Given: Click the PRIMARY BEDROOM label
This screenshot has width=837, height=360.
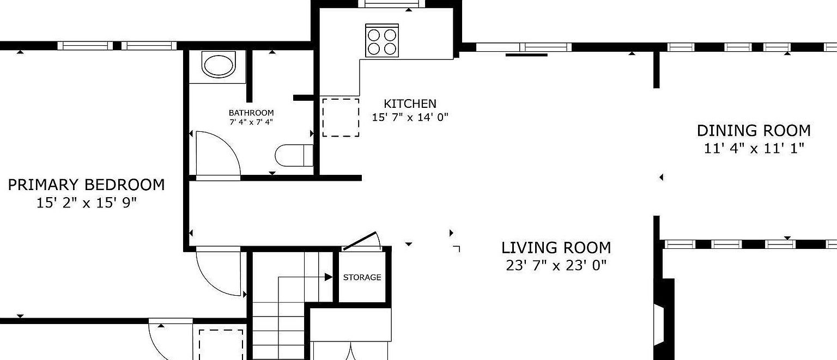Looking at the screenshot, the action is point(86,185).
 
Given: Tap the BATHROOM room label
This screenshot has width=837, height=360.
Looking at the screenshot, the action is point(251,113).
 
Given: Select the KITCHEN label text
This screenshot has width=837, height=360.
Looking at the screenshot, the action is point(410,103).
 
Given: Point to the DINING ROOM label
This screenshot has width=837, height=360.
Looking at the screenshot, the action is point(754,131).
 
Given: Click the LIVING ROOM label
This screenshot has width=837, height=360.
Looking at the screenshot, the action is point(556,248).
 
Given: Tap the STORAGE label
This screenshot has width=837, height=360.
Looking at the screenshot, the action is point(362,277).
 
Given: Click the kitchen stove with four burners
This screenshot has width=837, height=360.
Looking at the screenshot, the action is point(382,41).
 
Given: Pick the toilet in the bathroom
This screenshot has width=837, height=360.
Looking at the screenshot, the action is point(294,155).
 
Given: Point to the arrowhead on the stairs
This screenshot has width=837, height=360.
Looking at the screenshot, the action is point(329,277).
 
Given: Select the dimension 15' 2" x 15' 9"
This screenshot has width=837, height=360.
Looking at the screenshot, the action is point(86,203).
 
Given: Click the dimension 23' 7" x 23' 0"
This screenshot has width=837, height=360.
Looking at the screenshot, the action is point(556,266).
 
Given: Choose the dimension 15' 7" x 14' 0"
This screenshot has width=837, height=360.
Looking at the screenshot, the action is point(410,117).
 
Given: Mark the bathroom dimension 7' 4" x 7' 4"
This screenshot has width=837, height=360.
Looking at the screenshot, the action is point(251,122).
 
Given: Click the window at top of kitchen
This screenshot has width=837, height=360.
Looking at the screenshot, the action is point(392,4).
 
